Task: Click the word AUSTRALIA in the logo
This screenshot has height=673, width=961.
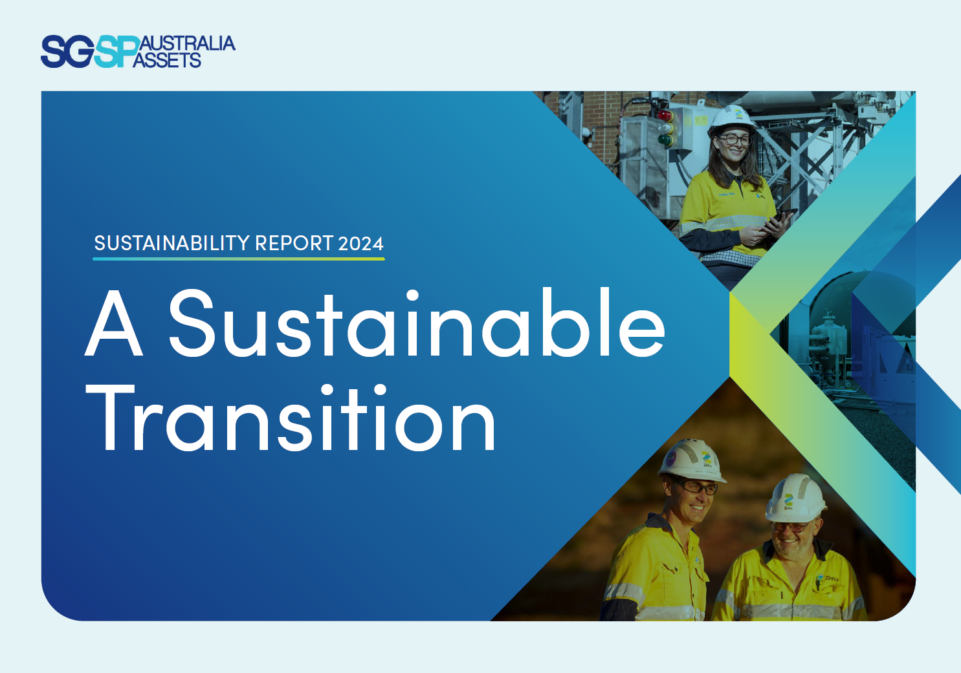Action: click(186, 43)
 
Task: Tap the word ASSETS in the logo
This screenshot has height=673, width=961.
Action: click(167, 61)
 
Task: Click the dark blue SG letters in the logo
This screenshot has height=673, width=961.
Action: click(67, 52)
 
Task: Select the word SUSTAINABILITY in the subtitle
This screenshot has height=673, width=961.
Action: click(172, 243)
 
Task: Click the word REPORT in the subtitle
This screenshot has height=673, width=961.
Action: click(294, 243)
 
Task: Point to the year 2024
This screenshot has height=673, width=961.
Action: click(360, 244)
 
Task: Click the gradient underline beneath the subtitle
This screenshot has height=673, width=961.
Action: click(238, 259)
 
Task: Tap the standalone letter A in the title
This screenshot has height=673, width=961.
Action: click(114, 324)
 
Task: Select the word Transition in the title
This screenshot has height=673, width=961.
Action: click(291, 418)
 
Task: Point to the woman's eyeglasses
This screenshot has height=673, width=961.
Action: click(735, 139)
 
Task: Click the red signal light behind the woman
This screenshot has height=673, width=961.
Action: click(665, 116)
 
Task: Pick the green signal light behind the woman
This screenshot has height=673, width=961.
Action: click(665, 139)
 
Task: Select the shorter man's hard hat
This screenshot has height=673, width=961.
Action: click(795, 498)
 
